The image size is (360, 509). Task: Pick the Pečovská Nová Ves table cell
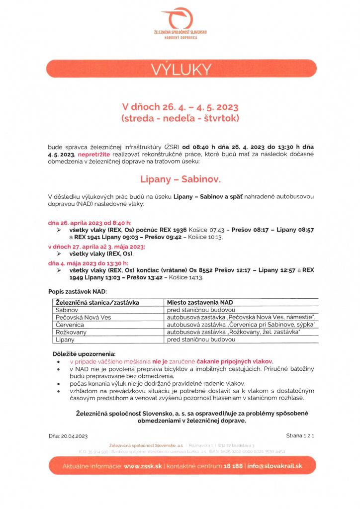tap(82, 317)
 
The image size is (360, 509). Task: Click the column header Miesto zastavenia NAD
tap(200, 302)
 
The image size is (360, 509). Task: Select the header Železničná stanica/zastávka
tap(97, 302)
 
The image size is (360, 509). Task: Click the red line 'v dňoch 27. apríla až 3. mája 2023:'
tap(96, 247)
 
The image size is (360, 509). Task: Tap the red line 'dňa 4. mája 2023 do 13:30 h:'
tap(88, 262)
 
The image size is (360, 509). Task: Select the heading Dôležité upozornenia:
tap(83, 353)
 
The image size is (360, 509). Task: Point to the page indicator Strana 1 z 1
tap(301, 435)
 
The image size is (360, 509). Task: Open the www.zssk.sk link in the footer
tap(144, 467)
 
